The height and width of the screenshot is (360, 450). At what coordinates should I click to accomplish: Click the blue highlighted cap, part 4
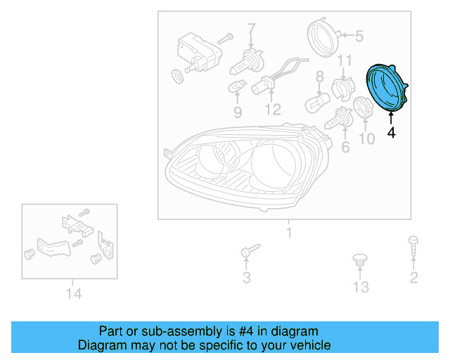tap(386, 87)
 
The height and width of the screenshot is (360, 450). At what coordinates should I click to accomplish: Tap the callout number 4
tap(391, 133)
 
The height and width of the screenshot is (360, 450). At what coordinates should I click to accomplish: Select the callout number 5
tap(359, 37)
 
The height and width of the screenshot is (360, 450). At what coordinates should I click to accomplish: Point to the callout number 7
tap(252, 30)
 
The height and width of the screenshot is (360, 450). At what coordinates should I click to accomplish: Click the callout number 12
tap(273, 110)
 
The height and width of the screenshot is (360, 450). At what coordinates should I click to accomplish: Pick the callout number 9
tap(238, 112)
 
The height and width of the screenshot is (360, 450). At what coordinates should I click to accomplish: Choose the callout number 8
tap(320, 77)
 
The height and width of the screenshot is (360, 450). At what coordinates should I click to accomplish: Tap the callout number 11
tap(344, 60)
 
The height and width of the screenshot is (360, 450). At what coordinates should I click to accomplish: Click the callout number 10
tap(366, 139)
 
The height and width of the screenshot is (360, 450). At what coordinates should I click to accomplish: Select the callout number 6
tap(345, 147)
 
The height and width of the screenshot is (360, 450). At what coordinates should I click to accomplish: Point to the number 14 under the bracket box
tap(74, 293)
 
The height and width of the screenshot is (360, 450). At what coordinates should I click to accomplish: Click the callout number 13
tap(361, 287)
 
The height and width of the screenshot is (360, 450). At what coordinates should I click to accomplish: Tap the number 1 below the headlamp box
tap(289, 232)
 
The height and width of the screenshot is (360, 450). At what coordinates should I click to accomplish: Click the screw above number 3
tap(250, 250)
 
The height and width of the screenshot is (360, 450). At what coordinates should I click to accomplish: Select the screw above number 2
tap(413, 245)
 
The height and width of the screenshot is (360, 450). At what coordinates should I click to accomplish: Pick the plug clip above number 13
tap(360, 259)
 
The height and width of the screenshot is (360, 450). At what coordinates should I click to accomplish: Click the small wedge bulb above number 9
tap(237, 86)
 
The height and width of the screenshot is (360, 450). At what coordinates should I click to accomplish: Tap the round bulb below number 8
tap(317, 102)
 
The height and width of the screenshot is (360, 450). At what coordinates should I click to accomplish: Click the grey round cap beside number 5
tap(323, 37)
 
